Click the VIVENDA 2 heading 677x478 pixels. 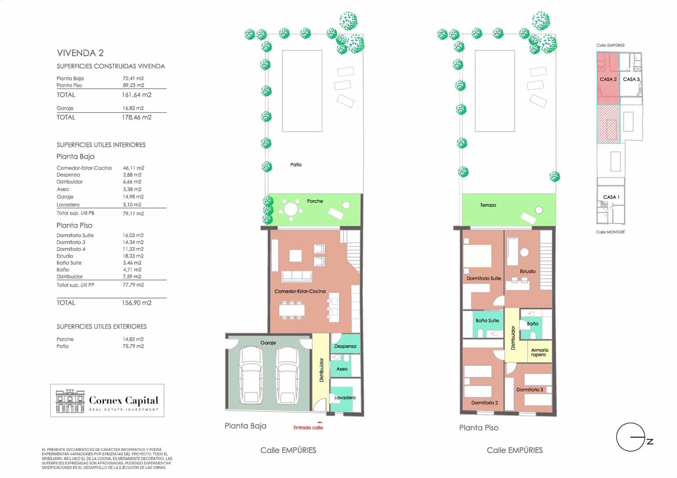coord(80,53)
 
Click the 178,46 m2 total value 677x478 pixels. coord(136,118)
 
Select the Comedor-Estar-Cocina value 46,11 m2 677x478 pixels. coord(133,168)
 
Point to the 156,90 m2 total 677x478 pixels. coord(136,303)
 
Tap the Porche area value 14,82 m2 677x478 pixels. coord(133,339)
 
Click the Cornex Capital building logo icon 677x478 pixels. coord(70,401)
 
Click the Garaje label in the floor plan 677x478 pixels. coord(268,343)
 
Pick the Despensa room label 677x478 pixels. coord(345,346)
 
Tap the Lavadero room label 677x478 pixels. coord(345,398)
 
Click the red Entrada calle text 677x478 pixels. coord(308,428)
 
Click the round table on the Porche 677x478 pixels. coord(291,209)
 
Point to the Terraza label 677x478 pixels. coord(488,205)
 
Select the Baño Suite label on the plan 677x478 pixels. coord(487,321)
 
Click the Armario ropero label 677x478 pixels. coord(539,352)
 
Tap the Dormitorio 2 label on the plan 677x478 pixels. coord(484,403)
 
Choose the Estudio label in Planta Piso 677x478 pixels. coord(528,272)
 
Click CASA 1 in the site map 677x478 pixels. coord(611,197)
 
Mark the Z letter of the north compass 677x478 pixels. coord(650,442)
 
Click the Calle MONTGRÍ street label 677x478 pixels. coord(610,232)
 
